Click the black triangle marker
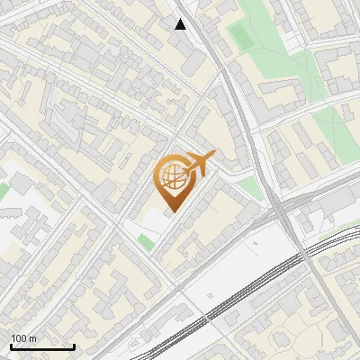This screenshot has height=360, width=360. tap(181, 24)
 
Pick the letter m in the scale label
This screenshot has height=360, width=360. tap(33, 338)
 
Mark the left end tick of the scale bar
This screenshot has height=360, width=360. tap(11, 346)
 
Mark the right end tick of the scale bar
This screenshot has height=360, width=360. tap(75, 346)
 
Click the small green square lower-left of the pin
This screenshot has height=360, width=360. tap(146, 241)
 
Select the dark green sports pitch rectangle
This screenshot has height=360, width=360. tap(242, 37)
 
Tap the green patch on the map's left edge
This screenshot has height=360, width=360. tap(3, 192)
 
